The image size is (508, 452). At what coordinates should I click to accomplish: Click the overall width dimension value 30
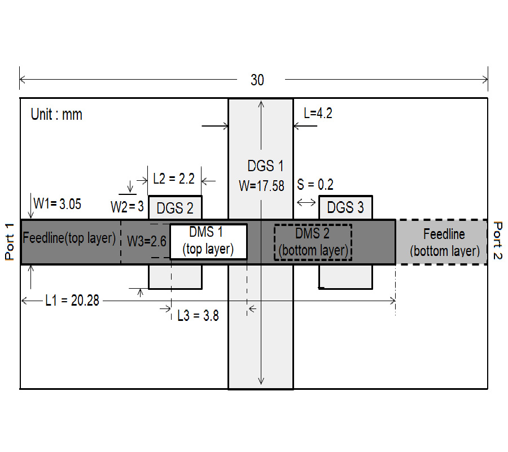[x=257, y=80]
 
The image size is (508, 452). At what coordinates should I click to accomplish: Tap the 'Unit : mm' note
[x=56, y=115]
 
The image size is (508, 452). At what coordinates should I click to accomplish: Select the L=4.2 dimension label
[x=318, y=113]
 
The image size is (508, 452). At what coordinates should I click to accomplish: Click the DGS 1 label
[x=265, y=166]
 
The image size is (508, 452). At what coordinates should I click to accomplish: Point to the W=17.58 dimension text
[x=261, y=185]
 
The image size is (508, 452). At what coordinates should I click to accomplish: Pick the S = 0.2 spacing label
[x=315, y=185]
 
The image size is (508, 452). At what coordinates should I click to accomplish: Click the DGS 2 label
[x=175, y=208]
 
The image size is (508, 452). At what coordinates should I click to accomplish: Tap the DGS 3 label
[x=345, y=207]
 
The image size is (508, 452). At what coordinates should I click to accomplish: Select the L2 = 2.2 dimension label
[x=174, y=179]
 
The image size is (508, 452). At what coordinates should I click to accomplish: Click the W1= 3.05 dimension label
[x=57, y=203]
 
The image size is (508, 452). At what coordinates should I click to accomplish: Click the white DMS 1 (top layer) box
[x=209, y=241]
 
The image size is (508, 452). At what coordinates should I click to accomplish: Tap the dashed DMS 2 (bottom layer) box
[x=313, y=241]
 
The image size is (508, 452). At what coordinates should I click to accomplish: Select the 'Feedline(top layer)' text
[x=69, y=238]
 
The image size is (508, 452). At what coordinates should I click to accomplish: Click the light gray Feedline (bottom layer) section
[x=444, y=242]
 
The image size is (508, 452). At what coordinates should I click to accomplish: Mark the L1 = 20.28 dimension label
[x=72, y=301]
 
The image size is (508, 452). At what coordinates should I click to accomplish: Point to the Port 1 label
[x=10, y=241]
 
